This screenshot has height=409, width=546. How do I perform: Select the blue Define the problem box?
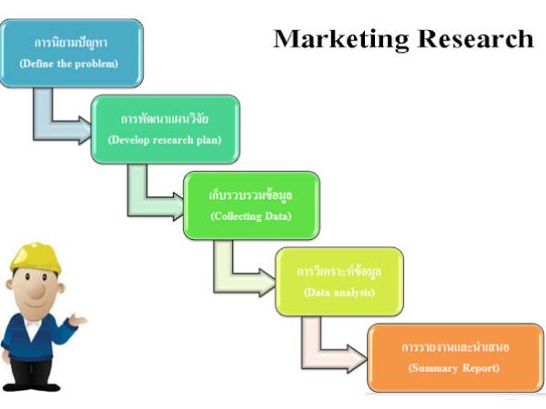72,53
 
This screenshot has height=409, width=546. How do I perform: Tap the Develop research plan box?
165,129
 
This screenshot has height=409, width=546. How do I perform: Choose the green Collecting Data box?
251,204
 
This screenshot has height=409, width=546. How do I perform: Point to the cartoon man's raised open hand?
80,320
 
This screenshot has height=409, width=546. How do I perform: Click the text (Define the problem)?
72,64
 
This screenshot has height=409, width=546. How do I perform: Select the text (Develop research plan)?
165,140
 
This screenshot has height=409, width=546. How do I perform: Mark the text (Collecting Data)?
251,216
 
